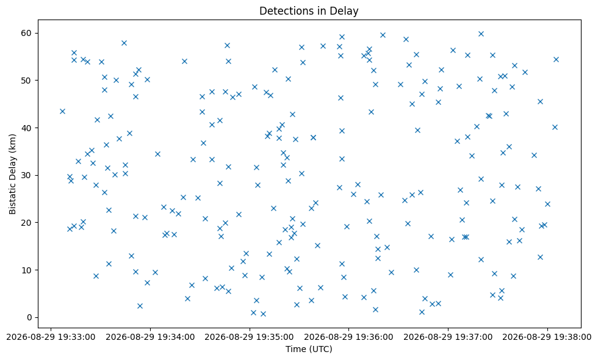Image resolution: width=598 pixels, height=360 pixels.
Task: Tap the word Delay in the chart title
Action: (x=346, y=11)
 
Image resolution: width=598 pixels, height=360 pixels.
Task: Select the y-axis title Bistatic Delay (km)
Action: (x=13, y=174)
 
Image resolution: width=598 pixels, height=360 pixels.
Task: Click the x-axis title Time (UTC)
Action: (x=309, y=349)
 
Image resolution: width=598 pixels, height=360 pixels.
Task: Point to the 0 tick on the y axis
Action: (x=29, y=317)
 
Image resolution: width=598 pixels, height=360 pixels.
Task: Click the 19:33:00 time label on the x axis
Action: (x=51, y=337)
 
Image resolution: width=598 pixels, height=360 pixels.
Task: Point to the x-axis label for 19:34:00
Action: (x=150, y=337)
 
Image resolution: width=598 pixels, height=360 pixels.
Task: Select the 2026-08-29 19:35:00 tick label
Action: (x=250, y=337)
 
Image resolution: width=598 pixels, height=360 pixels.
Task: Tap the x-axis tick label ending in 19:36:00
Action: (x=348, y=337)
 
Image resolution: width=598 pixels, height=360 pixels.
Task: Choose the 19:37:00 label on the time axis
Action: (x=448, y=337)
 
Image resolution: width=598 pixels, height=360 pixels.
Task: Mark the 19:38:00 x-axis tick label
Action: (x=547, y=337)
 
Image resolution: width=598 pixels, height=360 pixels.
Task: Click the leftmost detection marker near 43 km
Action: (x=62, y=111)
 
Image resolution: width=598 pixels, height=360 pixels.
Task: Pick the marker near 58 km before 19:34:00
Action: (x=124, y=43)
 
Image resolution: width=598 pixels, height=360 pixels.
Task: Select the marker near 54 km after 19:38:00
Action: (x=556, y=60)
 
